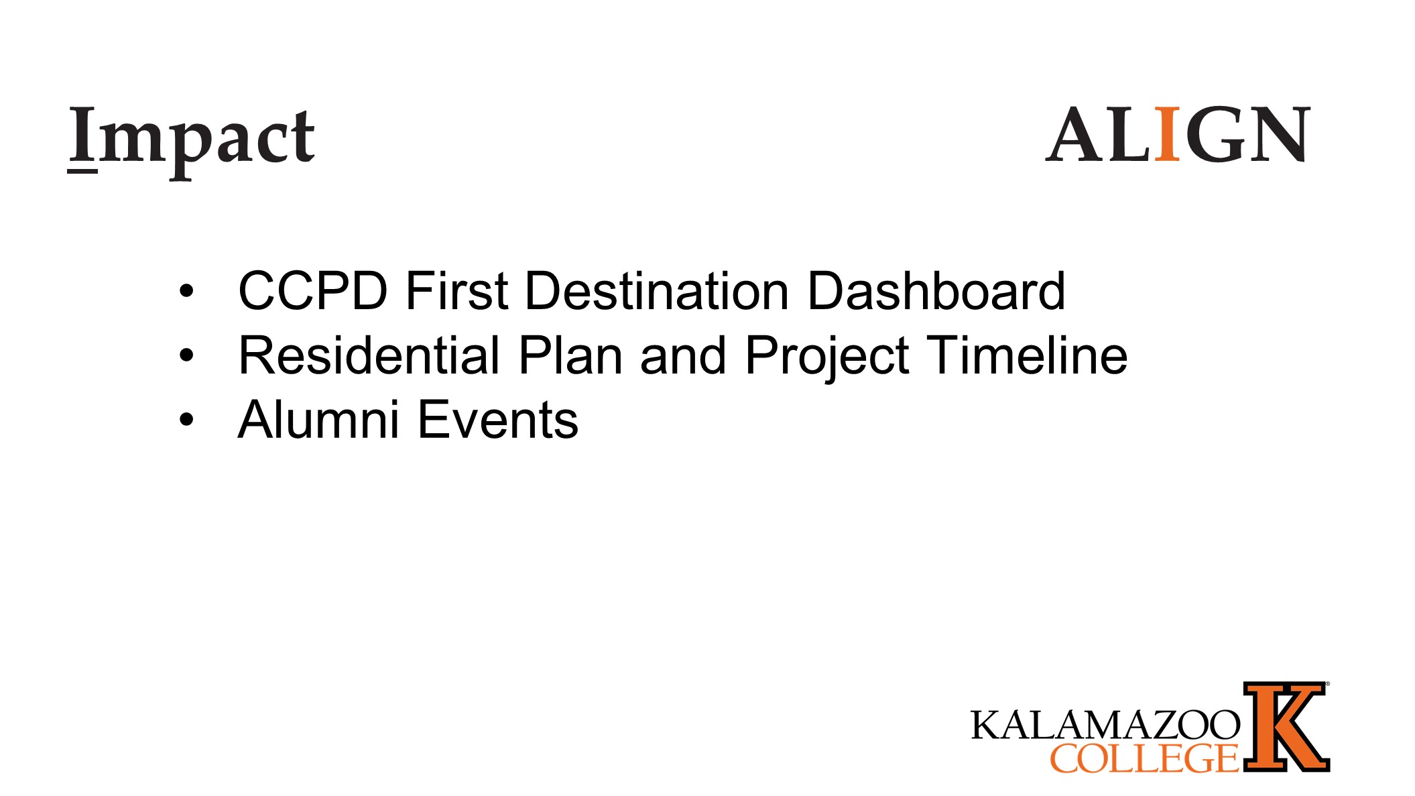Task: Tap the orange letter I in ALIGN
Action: pos(1168,134)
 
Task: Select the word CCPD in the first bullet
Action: pos(313,291)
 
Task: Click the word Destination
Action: pos(657,291)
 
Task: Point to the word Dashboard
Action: pos(936,291)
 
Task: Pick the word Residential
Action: pos(369,355)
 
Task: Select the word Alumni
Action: pos(318,419)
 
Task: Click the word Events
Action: pos(498,419)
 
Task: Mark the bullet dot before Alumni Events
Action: pos(186,420)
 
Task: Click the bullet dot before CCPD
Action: pos(186,291)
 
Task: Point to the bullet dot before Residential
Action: pos(186,355)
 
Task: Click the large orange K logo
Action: pos(1286,727)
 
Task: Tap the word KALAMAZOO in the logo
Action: pos(1105,725)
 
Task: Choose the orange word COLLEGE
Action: pos(1144,758)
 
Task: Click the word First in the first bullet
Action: pos(456,291)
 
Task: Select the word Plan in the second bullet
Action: pos(570,355)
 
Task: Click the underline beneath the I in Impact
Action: pos(82,172)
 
